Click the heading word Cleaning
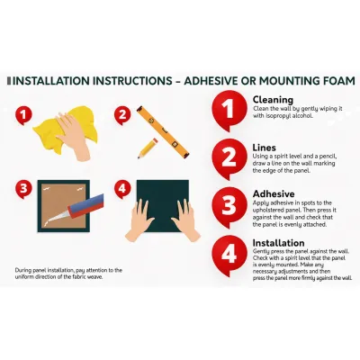click(273, 100)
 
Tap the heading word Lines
click(264, 148)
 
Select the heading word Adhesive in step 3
click(274, 193)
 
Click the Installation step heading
click(278, 243)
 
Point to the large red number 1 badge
click(229, 110)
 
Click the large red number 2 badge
click(229, 158)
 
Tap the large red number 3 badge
click(229, 206)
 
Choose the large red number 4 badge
click(229, 255)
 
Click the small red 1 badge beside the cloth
click(23, 116)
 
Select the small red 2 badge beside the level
click(122, 116)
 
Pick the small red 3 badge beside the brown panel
click(23, 190)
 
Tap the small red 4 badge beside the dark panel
click(122, 190)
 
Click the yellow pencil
click(148, 148)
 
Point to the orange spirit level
click(163, 131)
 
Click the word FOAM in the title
click(337, 81)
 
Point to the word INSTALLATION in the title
click(51, 81)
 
